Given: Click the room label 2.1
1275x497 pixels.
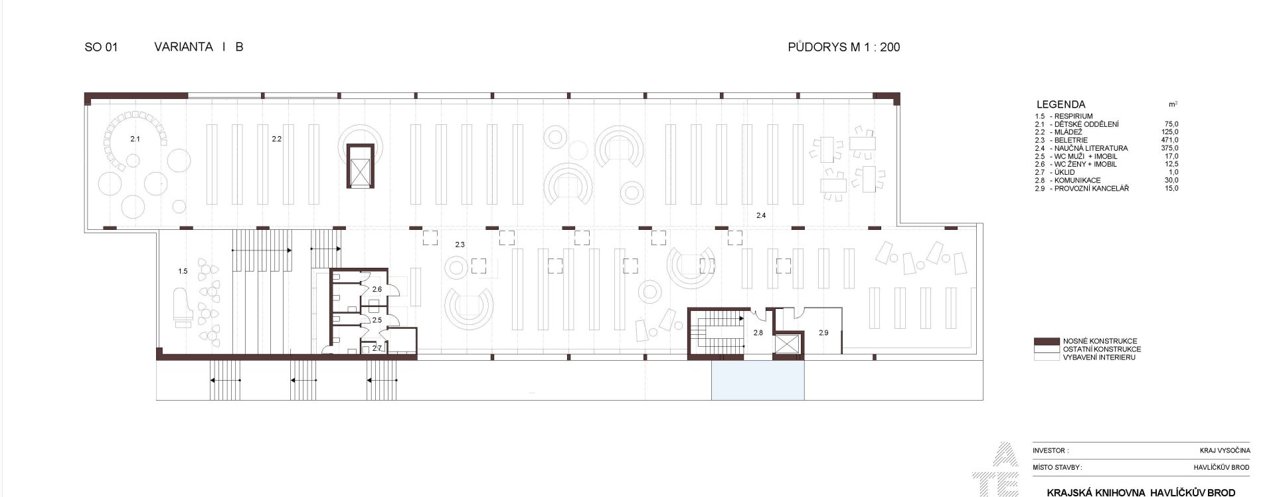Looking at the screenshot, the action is [x=135, y=140].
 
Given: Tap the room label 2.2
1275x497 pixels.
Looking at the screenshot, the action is [x=277, y=140].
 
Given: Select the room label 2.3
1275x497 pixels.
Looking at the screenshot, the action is [x=460, y=245].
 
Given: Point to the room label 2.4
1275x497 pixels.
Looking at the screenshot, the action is [x=761, y=215].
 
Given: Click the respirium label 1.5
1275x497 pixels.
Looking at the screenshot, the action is [x=183, y=271].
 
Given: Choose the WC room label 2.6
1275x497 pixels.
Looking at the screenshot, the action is [x=377, y=290].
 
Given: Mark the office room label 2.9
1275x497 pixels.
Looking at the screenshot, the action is [x=823, y=332].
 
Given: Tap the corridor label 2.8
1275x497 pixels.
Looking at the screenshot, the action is [x=758, y=332].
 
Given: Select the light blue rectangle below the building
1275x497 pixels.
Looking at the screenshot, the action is [x=758, y=380].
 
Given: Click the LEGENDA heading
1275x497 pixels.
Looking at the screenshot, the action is [x=1061, y=104].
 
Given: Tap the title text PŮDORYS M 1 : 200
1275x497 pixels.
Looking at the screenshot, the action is [x=844, y=47].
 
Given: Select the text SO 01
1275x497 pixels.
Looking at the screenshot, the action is [x=101, y=47].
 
